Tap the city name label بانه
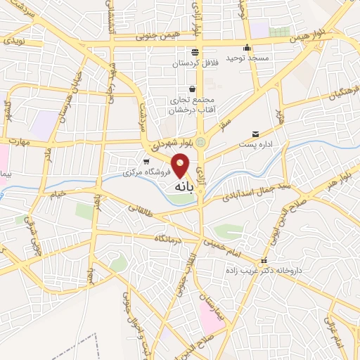coord(181,188)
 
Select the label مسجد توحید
coord(244,58)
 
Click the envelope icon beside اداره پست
coord(255,134)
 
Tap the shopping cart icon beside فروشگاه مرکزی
coord(146,161)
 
